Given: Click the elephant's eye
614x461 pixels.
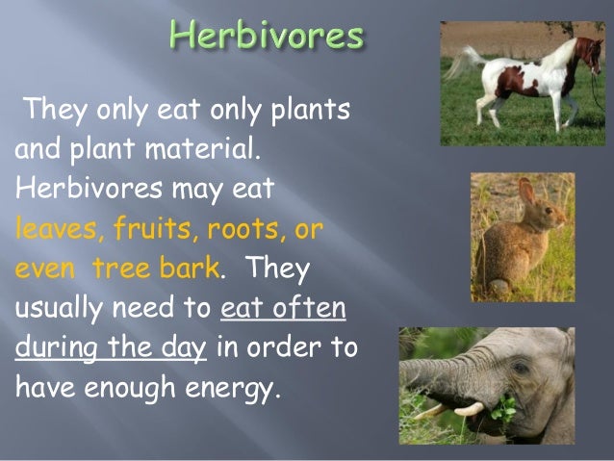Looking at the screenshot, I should (x=521, y=368).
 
